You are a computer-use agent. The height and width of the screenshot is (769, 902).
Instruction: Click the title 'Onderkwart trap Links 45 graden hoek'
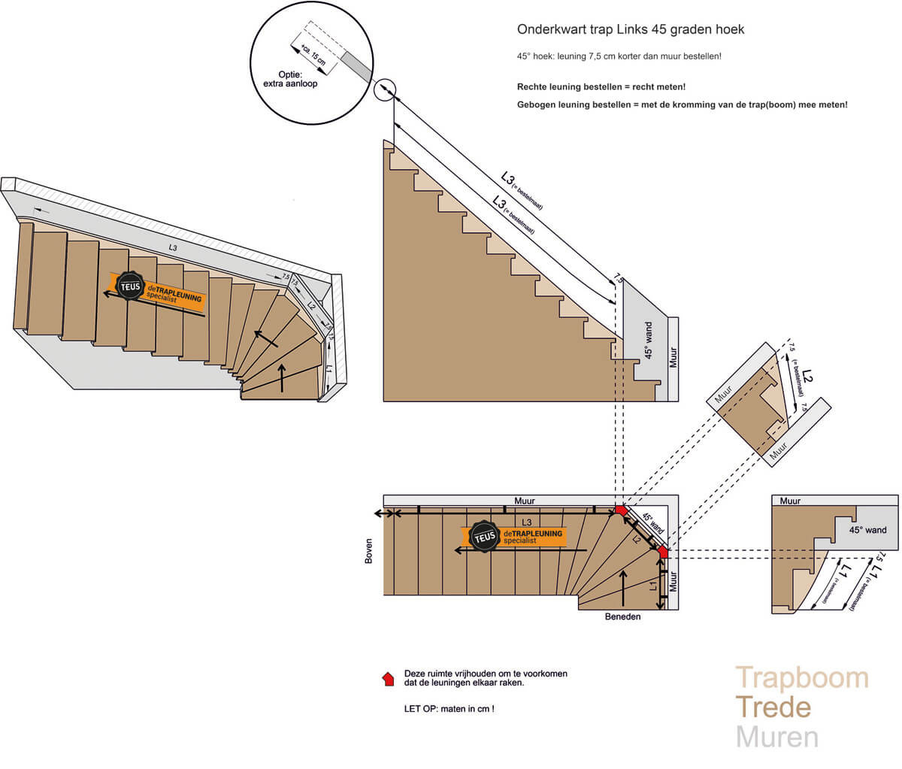631,29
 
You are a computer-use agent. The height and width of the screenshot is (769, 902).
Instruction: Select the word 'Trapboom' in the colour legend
801,678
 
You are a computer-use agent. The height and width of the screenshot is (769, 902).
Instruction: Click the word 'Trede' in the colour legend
773,707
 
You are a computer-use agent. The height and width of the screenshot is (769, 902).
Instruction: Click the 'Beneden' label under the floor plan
622,616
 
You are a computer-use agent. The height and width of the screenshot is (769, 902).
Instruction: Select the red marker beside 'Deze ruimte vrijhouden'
389,679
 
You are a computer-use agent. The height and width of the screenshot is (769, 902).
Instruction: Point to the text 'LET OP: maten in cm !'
449,709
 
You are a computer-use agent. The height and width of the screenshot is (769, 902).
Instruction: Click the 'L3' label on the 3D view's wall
173,247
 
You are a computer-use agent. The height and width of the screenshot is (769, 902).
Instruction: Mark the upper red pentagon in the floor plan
621,510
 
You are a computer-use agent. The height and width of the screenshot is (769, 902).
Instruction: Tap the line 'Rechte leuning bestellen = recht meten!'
601,87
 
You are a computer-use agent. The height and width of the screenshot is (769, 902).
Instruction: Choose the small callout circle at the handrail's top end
384,90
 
